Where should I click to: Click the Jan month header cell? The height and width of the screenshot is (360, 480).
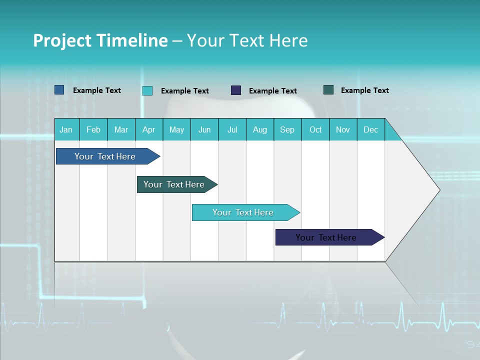(66, 129)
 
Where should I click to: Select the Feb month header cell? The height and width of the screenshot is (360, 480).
(93, 129)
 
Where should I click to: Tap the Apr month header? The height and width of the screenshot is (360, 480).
(149, 129)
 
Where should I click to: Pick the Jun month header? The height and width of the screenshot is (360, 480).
(204, 129)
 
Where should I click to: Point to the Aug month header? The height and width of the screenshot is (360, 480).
(260, 129)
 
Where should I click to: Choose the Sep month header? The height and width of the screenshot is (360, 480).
(287, 129)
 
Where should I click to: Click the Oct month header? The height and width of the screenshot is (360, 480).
(315, 129)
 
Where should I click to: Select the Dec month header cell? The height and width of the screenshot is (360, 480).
(371, 129)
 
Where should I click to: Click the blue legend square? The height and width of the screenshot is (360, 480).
(59, 90)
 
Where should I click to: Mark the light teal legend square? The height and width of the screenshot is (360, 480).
(147, 90)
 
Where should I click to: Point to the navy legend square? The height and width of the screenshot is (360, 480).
(236, 90)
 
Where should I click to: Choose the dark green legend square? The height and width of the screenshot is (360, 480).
(328, 90)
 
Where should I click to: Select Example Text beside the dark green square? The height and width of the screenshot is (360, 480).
(364, 90)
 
